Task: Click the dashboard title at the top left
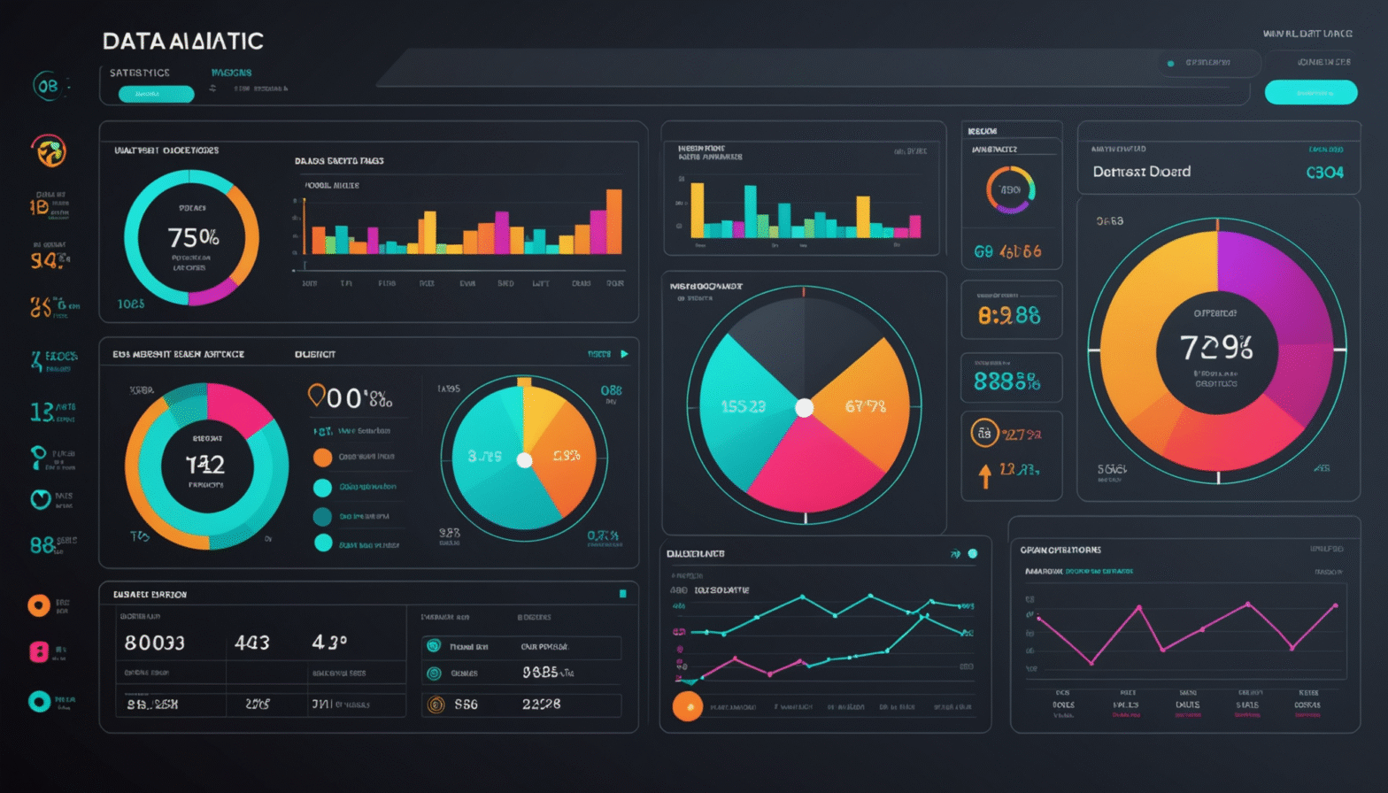pyautogui.click(x=182, y=41)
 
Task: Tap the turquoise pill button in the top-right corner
pyautogui.click(x=1310, y=92)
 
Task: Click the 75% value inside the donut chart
pyautogui.click(x=193, y=237)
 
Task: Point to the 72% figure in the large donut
pyautogui.click(x=1216, y=347)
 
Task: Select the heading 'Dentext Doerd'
pyautogui.click(x=1141, y=172)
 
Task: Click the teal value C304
pyautogui.click(x=1324, y=173)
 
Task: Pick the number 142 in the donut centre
pyautogui.click(x=204, y=465)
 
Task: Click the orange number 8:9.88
pyautogui.click(x=1009, y=315)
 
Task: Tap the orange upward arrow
pyautogui.click(x=984, y=476)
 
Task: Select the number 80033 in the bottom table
pyautogui.click(x=154, y=643)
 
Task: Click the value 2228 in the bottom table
pyautogui.click(x=541, y=704)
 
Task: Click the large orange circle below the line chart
pyautogui.click(x=687, y=706)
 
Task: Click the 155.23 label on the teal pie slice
pyautogui.click(x=743, y=406)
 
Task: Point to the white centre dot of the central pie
pyautogui.click(x=804, y=408)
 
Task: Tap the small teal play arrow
pyautogui.click(x=624, y=354)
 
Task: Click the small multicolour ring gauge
pyautogui.click(x=1010, y=189)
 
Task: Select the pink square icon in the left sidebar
pyautogui.click(x=39, y=652)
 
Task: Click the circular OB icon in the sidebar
pyautogui.click(x=47, y=86)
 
